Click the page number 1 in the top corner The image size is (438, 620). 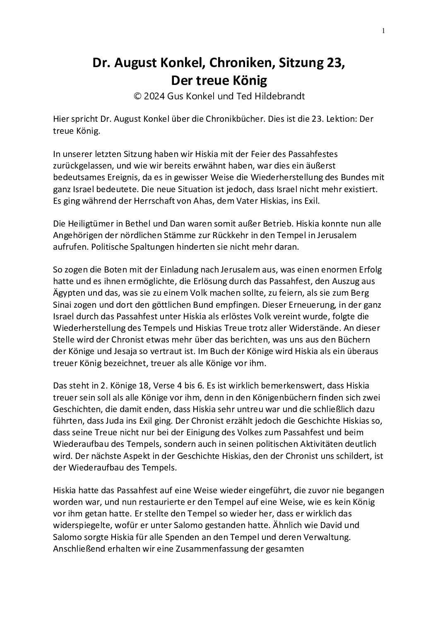pyautogui.click(x=383, y=30)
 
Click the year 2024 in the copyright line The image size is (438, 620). pyautogui.click(x=154, y=96)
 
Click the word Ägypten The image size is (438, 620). pyautogui.click(x=70, y=293)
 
